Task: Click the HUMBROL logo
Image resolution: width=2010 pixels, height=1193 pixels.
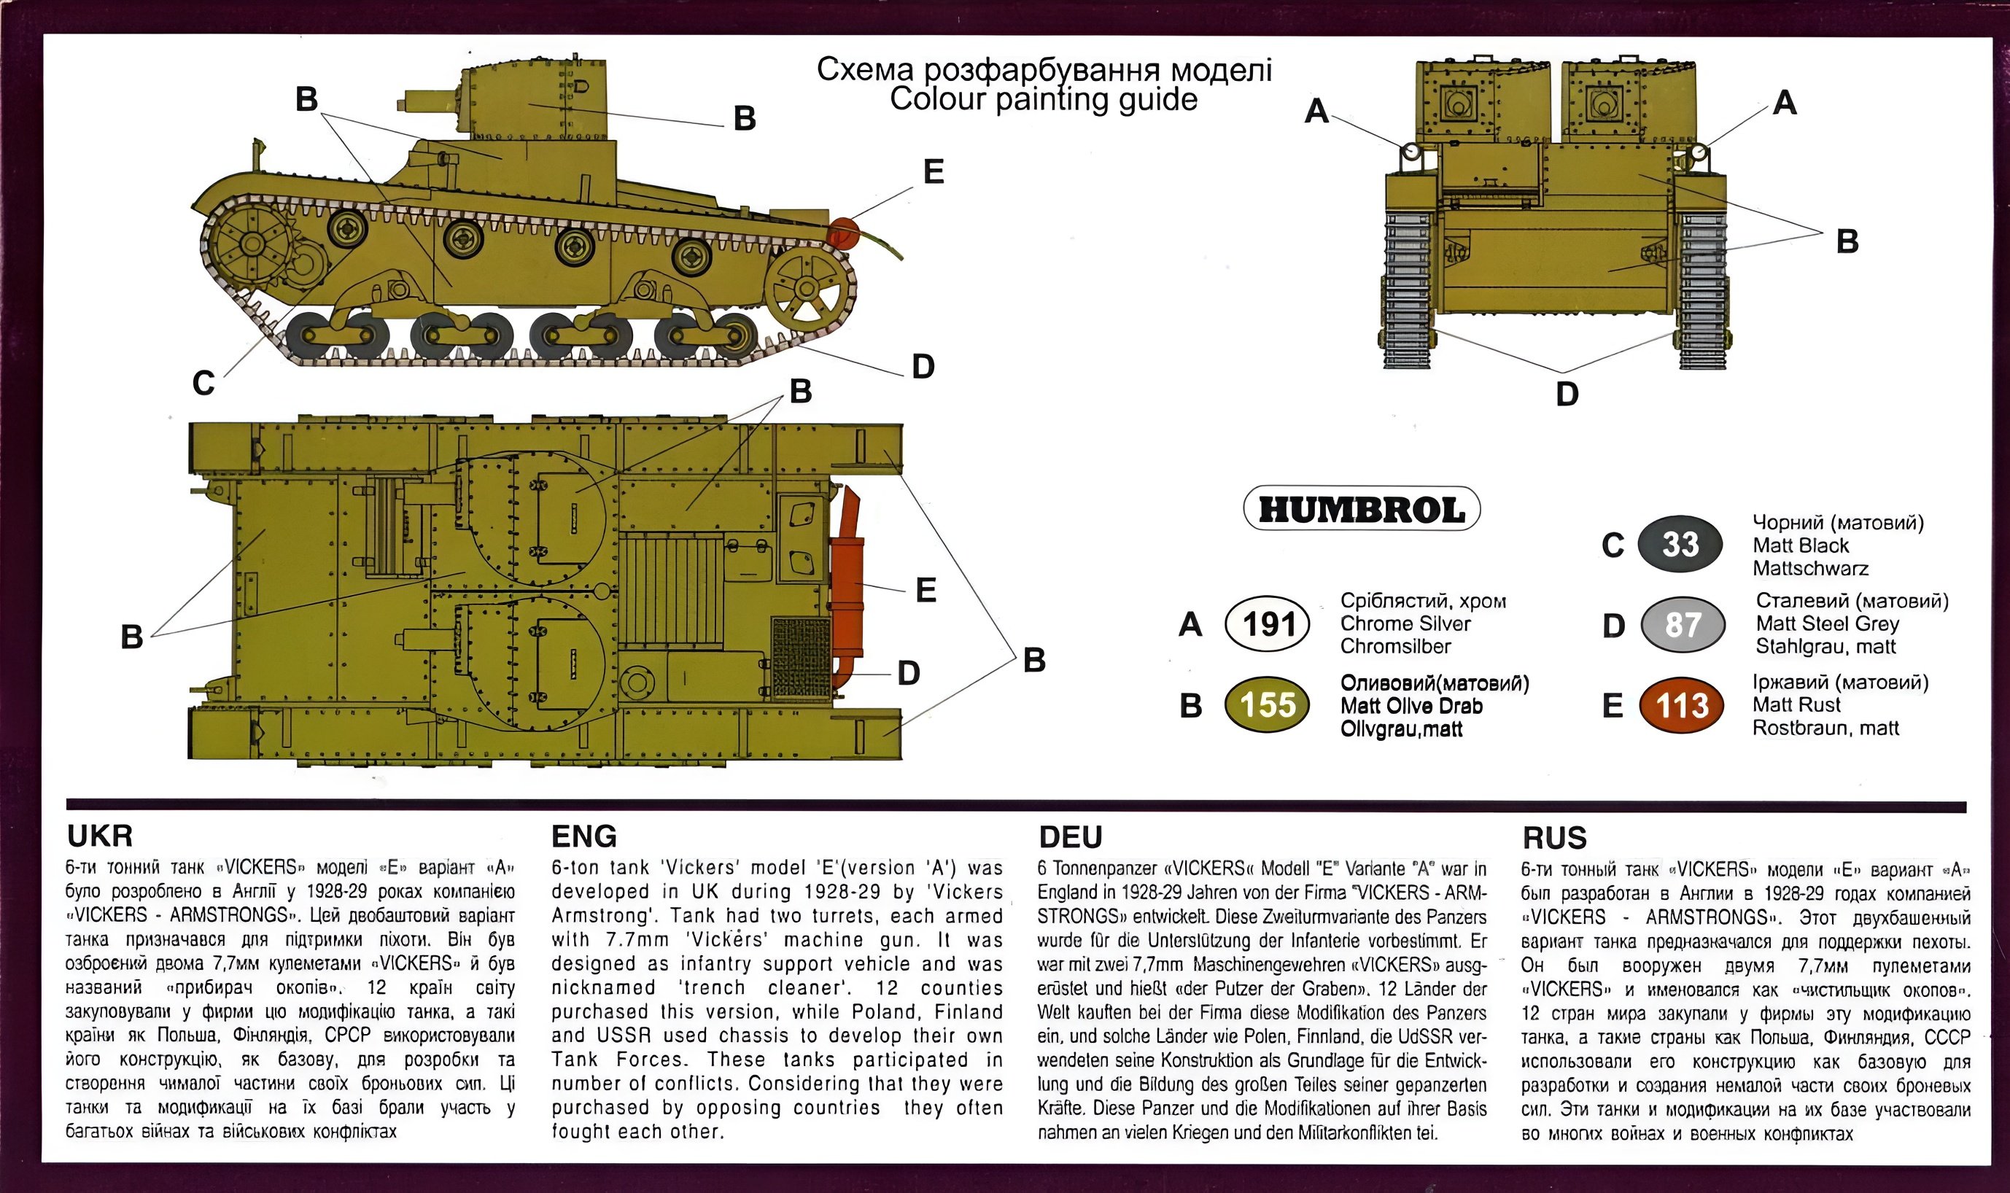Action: click(1361, 509)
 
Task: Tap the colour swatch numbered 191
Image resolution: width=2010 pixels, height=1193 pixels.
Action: click(1267, 623)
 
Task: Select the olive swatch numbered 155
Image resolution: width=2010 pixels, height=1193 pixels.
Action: click(1267, 705)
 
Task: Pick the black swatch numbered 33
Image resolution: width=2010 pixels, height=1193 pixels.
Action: click(1680, 544)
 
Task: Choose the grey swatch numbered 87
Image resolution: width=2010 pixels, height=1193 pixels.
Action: click(1682, 625)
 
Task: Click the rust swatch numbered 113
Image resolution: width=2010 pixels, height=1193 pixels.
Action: click(1682, 706)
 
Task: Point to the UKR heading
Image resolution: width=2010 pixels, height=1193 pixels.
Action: click(100, 836)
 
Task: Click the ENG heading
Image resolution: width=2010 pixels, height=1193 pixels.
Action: click(583, 836)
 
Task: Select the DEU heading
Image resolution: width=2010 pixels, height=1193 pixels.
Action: click(1070, 837)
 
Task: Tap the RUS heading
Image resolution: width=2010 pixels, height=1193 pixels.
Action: click(1554, 838)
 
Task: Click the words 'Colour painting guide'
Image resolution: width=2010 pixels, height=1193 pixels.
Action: click(1044, 99)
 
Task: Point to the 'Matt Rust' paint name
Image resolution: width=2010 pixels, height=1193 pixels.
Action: click(1796, 705)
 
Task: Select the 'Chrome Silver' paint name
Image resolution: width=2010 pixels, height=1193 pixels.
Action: click(1405, 623)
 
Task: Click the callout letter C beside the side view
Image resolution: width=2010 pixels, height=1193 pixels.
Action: click(203, 384)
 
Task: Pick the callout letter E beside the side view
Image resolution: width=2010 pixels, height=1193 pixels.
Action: click(933, 171)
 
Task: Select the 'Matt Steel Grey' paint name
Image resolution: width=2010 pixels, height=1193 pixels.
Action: click(1828, 623)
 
